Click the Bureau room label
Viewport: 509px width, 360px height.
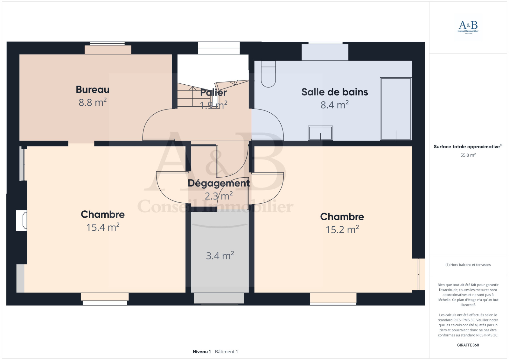[x=93, y=89]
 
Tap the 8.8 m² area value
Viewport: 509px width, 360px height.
[x=93, y=102]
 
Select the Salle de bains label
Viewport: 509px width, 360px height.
[x=334, y=92]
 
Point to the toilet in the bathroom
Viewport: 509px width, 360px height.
[x=268, y=74]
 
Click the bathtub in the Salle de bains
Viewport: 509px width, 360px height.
[x=396, y=109]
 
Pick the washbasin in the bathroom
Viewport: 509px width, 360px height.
[x=320, y=133]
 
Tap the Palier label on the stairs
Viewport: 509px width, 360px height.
[x=213, y=93]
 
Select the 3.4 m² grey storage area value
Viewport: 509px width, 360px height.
[x=220, y=256]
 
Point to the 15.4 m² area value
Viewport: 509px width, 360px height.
[x=103, y=227]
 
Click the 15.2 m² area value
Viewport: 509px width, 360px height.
[x=342, y=229]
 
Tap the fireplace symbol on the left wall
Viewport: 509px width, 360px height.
[x=22, y=220]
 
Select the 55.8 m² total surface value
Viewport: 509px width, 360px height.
[x=468, y=155]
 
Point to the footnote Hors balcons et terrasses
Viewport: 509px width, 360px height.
[x=468, y=265]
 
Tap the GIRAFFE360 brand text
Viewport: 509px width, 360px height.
[x=468, y=345]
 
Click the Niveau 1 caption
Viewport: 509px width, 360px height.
[x=202, y=352]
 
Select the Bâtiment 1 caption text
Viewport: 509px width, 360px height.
[x=226, y=352]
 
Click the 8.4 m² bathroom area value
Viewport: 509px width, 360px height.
[x=334, y=105]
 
